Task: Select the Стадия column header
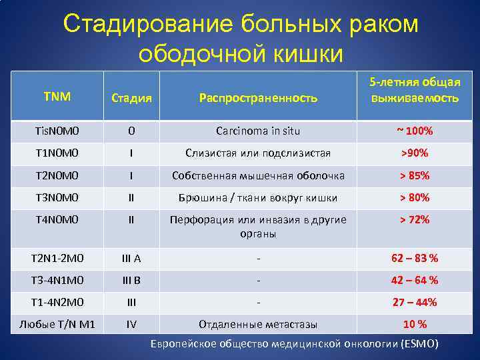pos(131,98)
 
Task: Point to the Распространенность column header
pos(258,98)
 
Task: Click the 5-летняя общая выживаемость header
pos(414,90)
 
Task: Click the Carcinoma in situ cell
pos(258,131)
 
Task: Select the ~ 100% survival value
pos(414,131)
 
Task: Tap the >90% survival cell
pos(414,153)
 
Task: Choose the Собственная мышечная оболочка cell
pos(258,176)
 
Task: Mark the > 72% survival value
pos(414,220)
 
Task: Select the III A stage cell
pos(131,258)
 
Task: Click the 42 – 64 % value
pos(414,280)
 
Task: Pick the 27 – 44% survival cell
pos(414,302)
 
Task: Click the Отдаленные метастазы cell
pos(258,325)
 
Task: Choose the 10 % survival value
pos(414,325)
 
